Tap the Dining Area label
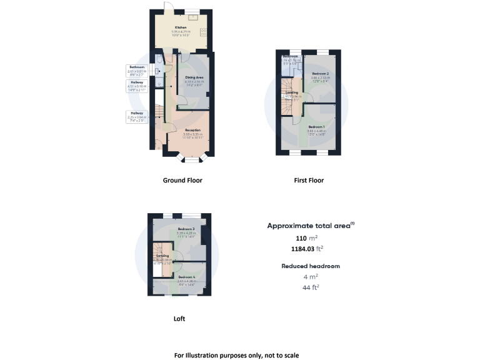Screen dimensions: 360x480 click(x=194, y=77)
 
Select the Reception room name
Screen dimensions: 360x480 click(x=192, y=130)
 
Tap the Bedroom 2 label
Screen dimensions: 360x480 click(x=321, y=74)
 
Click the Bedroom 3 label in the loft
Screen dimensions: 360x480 click(x=186, y=229)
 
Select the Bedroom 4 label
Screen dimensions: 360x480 click(x=187, y=277)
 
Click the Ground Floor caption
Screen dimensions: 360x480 click(x=182, y=181)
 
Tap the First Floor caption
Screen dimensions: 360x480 click(x=309, y=181)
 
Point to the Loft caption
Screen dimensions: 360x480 click(x=179, y=318)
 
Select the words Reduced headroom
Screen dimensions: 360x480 click(x=311, y=266)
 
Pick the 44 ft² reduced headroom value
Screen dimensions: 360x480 click(x=311, y=287)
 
